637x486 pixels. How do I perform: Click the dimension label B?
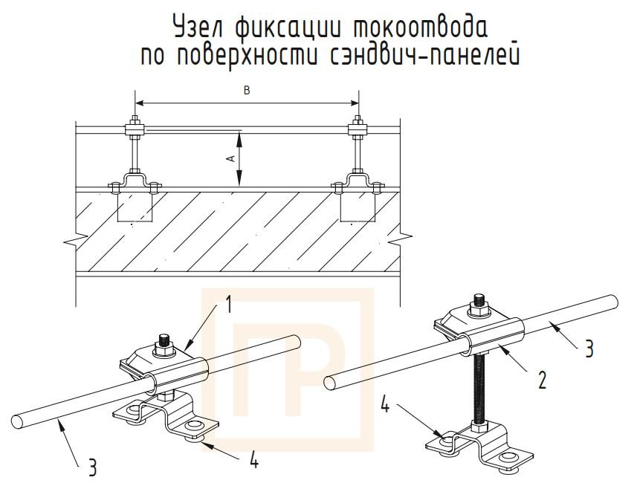[x=247, y=91]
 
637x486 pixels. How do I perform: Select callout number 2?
[x=542, y=381]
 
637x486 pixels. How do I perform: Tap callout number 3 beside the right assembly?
[x=589, y=349]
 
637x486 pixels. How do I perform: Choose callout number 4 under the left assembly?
[x=253, y=461]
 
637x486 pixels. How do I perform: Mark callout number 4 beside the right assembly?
[x=384, y=406]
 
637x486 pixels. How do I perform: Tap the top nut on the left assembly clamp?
[x=164, y=343]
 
